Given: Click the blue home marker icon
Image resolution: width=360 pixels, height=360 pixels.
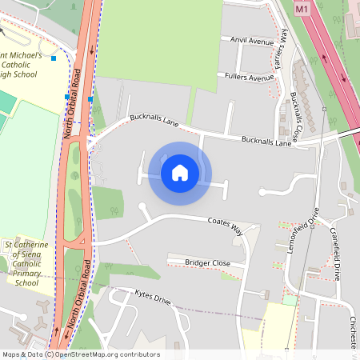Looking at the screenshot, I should pyautogui.click(x=180, y=173).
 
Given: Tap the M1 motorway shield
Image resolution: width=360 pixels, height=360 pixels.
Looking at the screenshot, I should pyautogui.click(x=302, y=9).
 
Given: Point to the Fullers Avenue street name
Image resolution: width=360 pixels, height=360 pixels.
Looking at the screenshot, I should pyautogui.click(x=250, y=78).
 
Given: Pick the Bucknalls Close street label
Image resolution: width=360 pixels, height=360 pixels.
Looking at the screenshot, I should pyautogui.click(x=298, y=115).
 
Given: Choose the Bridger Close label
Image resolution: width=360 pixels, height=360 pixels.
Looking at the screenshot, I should pyautogui.click(x=207, y=262).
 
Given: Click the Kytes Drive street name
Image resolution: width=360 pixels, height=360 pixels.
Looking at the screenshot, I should pyautogui.click(x=153, y=299).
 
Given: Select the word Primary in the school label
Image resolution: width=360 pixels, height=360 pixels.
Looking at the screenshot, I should pyautogui.click(x=26, y=273).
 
